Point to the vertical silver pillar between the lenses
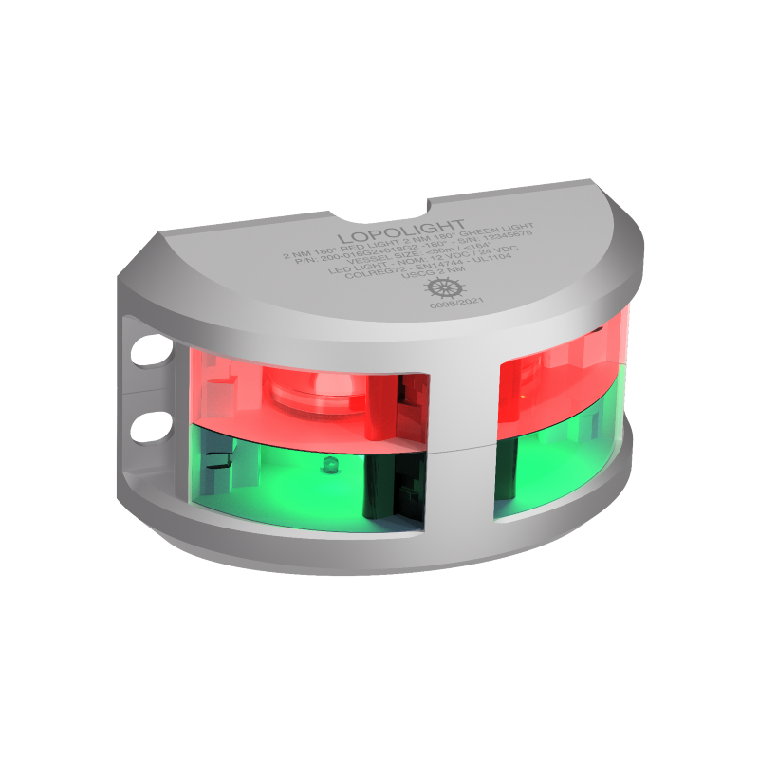(x=460, y=436)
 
